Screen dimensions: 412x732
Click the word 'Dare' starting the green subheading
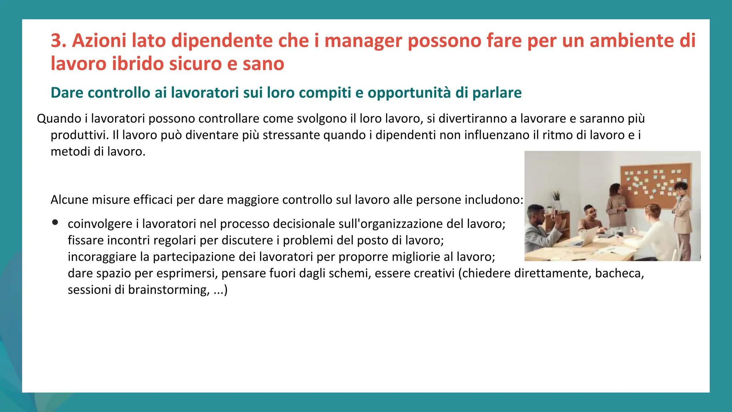click(x=67, y=93)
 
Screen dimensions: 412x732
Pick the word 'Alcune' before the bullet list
click(x=69, y=200)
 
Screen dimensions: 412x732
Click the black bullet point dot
click(x=55, y=222)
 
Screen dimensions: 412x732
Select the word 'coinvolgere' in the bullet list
click(x=100, y=224)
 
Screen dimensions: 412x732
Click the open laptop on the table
click(x=586, y=237)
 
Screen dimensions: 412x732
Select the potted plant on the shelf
click(x=557, y=197)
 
